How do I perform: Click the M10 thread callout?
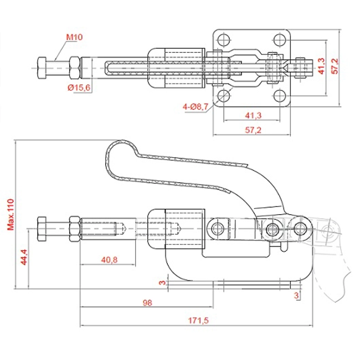click(75, 37)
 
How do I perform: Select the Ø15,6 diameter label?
click(79, 88)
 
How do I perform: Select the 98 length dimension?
click(146, 302)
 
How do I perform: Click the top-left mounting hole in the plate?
click(224, 40)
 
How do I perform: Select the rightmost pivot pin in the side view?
click(301, 228)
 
